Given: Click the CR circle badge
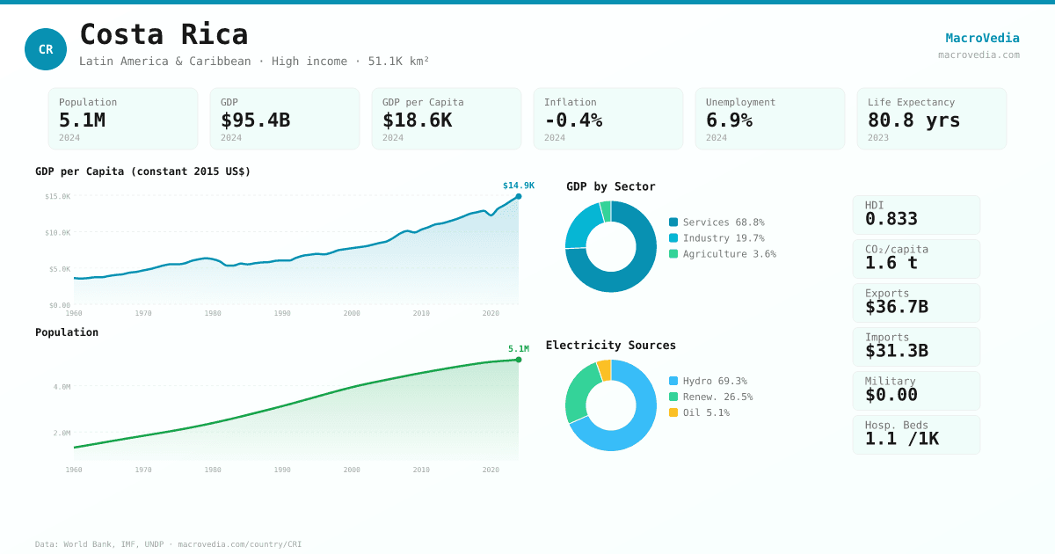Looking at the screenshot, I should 46,49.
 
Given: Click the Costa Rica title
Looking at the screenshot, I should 164,34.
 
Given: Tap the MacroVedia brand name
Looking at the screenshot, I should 982,38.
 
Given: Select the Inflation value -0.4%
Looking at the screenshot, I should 573,120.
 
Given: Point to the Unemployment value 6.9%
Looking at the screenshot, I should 729,120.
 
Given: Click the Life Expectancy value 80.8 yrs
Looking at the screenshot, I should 913,120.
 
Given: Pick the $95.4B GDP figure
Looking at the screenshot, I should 255,120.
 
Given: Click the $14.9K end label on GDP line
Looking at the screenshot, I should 518,186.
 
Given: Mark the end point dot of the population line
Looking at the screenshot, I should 519,360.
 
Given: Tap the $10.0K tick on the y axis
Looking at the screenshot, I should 58,233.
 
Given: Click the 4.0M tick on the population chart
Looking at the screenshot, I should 62,387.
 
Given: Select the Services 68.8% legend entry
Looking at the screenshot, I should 717,222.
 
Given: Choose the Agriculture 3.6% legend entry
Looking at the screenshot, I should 722,254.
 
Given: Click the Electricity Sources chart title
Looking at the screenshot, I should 610,346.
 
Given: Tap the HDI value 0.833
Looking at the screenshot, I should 891,219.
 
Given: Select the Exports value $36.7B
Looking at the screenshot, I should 896,307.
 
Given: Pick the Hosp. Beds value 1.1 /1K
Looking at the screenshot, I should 901,439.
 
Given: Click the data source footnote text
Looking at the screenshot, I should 168,544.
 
